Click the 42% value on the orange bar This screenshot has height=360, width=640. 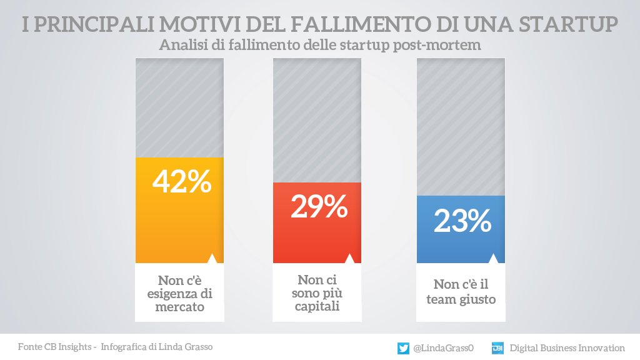(182, 182)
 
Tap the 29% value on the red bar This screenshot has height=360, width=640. (319, 207)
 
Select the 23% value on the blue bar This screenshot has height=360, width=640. (462, 221)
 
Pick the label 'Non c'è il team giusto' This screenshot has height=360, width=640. (461, 292)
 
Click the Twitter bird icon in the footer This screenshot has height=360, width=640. (404, 348)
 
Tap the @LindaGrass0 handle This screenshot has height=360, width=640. (444, 348)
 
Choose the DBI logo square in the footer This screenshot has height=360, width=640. (498, 348)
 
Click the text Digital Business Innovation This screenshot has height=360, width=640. (567, 348)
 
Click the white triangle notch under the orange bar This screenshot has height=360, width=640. (212, 259)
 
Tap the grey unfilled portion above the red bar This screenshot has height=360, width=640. (317, 119)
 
